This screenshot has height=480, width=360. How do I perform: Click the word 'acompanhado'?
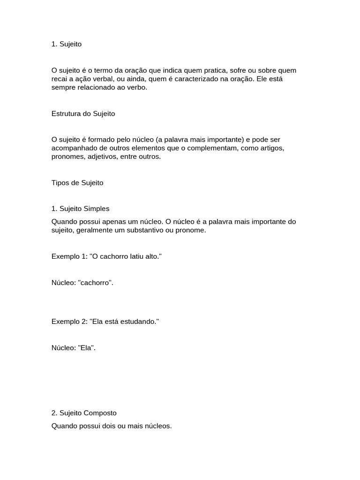[72, 148]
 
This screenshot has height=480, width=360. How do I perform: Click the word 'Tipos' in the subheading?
[60, 183]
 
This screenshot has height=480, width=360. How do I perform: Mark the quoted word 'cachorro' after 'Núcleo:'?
[96, 283]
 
